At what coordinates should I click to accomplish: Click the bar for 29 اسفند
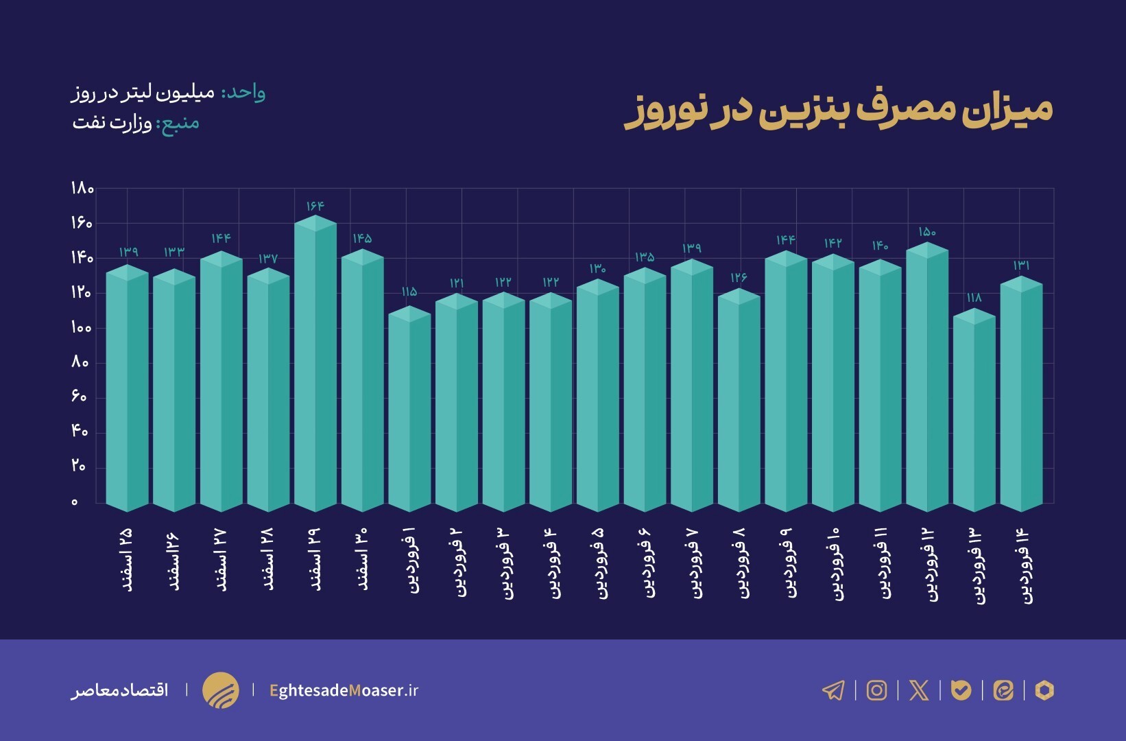[315, 367]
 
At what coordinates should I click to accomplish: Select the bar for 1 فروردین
[409, 412]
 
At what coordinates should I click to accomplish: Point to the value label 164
[315, 206]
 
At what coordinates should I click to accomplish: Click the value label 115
[409, 292]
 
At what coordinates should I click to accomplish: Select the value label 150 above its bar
[927, 233]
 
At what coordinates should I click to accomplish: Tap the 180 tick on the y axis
[82, 189]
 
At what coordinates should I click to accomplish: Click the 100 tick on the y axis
[81, 328]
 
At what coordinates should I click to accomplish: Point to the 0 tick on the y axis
[75, 502]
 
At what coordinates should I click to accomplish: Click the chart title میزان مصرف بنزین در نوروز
[838, 111]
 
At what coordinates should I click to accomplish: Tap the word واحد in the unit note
[243, 93]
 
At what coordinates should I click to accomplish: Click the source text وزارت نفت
[112, 123]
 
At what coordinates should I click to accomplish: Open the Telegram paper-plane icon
[833, 690]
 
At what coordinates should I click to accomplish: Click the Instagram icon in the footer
[876, 690]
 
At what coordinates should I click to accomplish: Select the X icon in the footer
[919, 690]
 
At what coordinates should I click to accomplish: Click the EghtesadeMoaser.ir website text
[344, 690]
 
